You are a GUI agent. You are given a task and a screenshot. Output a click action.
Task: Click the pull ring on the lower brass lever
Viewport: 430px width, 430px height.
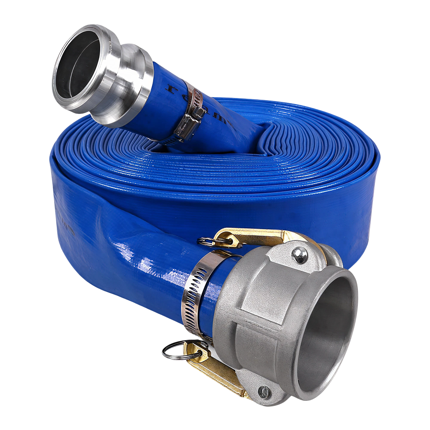point(176,350)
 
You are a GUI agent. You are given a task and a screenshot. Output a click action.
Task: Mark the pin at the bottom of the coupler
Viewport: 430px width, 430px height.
point(264,391)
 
